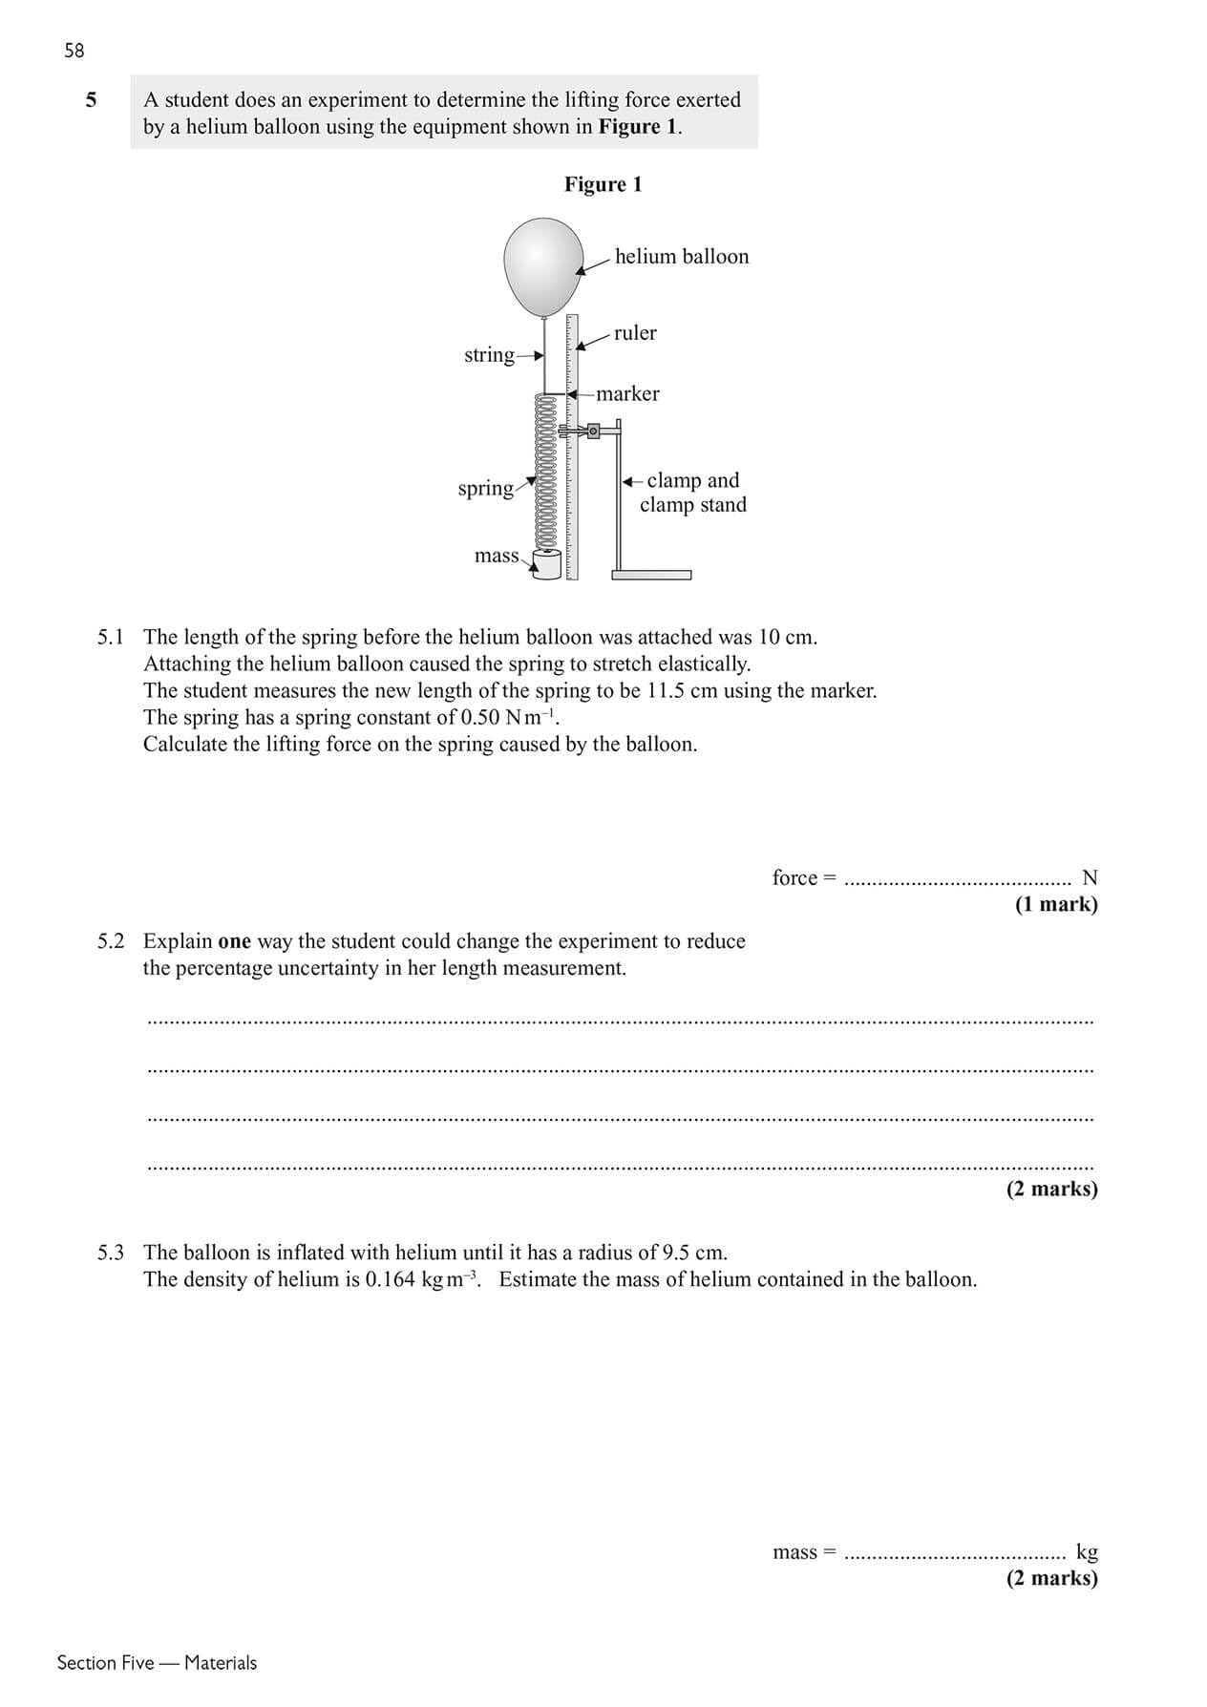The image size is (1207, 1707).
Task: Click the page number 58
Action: pyautogui.click(x=74, y=51)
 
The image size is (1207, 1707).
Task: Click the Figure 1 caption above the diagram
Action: pyautogui.click(x=603, y=184)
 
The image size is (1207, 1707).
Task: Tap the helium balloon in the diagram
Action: pyautogui.click(x=543, y=266)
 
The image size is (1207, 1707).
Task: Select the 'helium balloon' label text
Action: pyautogui.click(x=682, y=257)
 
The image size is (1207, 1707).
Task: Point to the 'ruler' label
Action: pyautogui.click(x=635, y=333)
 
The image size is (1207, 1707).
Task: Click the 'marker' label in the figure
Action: pyautogui.click(x=627, y=394)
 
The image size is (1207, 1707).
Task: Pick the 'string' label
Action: pyautogui.click(x=489, y=355)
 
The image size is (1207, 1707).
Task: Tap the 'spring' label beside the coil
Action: pyautogui.click(x=485, y=489)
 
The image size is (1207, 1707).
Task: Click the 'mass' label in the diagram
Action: pyautogui.click(x=497, y=556)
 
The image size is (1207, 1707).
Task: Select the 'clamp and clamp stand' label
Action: pyautogui.click(x=692, y=493)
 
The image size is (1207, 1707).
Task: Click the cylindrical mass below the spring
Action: pyautogui.click(x=547, y=565)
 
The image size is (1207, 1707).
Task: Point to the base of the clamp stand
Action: pyautogui.click(x=651, y=575)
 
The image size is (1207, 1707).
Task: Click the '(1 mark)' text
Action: pyautogui.click(x=1056, y=904)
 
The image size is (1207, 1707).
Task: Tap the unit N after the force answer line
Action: pyautogui.click(x=1089, y=877)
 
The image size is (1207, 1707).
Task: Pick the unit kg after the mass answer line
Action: pyautogui.click(x=1087, y=1551)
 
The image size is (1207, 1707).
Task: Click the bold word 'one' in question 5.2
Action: pyautogui.click(x=234, y=941)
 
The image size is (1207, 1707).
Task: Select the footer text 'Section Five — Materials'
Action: pyautogui.click(x=157, y=1663)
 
